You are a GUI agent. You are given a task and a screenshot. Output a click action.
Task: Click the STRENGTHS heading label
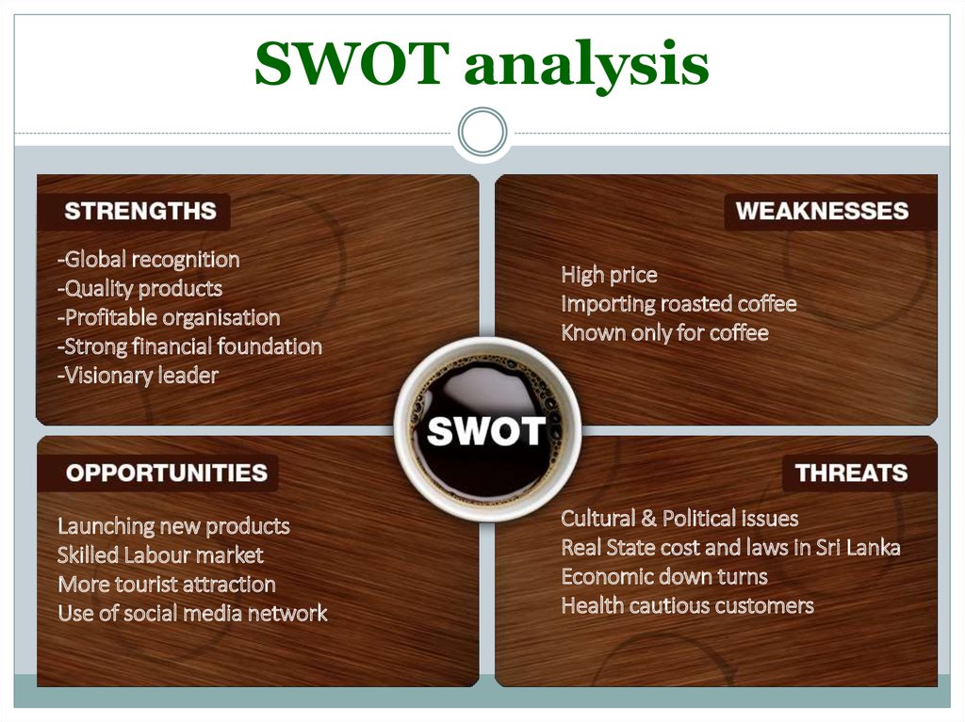[139, 211]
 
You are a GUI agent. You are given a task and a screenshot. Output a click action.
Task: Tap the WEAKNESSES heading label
[822, 211]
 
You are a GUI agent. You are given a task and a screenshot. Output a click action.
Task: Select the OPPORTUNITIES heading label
[166, 473]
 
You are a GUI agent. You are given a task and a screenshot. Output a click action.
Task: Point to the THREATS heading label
[851, 473]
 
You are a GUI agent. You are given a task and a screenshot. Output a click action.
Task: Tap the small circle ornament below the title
[482, 132]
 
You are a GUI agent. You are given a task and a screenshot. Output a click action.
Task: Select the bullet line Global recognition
[148, 259]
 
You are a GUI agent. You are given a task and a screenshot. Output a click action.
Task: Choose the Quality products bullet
[139, 288]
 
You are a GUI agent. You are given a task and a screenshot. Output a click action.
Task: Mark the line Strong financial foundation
[189, 346]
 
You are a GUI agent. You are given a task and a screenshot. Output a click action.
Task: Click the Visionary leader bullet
[138, 376]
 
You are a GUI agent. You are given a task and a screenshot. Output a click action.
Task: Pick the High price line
[609, 275]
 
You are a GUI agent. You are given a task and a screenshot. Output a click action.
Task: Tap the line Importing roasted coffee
[679, 304]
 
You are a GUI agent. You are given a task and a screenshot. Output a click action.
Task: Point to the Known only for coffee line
[664, 333]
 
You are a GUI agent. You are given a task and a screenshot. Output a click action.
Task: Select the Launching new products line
[173, 525]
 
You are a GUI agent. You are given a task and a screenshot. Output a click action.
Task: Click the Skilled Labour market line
[160, 555]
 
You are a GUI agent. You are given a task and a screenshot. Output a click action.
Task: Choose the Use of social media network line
[192, 614]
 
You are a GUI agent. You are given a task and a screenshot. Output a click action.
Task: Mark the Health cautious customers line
[687, 605]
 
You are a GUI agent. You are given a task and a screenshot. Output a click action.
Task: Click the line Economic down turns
[664, 576]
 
